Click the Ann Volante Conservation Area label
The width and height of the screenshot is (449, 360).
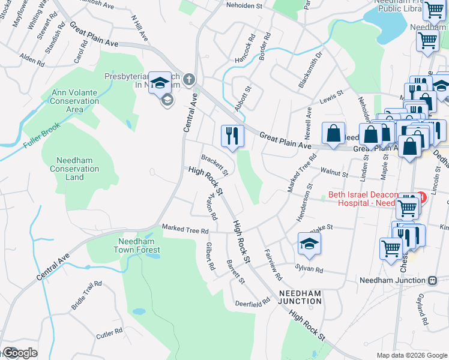point(75,101)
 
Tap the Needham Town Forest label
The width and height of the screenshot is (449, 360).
point(139,245)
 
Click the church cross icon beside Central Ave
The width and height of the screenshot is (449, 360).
point(189,79)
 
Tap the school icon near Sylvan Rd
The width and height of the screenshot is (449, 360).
point(309,244)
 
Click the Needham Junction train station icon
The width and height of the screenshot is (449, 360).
point(432,280)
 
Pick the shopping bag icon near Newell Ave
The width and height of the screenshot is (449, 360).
point(333,134)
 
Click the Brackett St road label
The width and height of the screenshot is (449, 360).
point(214,164)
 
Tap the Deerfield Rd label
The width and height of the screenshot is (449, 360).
point(253,303)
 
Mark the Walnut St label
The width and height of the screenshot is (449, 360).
point(336,173)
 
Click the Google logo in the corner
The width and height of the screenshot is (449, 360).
point(19,353)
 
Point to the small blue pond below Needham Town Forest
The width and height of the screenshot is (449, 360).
point(139,312)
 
